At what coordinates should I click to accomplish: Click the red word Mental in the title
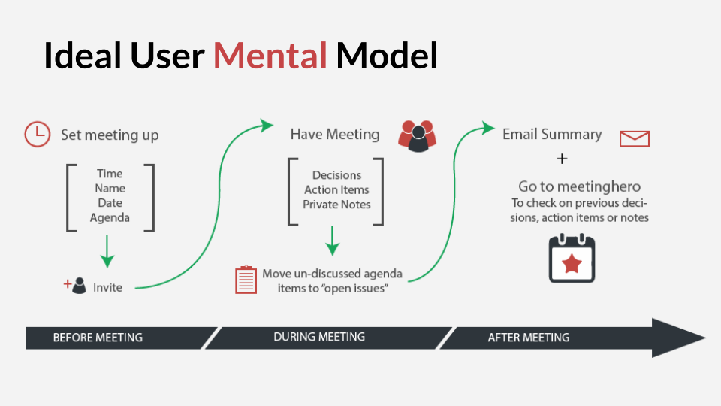click(x=270, y=56)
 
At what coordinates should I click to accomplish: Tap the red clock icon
click(x=38, y=134)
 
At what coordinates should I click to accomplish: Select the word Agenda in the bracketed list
click(x=110, y=218)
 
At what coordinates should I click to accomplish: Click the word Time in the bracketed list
click(x=110, y=174)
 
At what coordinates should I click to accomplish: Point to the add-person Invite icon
click(x=75, y=286)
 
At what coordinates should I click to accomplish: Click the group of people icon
click(x=417, y=136)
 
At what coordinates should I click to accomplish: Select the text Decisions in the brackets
click(x=336, y=175)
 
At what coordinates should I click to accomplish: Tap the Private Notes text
click(x=336, y=205)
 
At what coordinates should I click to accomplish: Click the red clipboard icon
click(x=246, y=280)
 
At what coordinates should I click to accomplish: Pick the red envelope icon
click(x=635, y=138)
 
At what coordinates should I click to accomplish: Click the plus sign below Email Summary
click(x=562, y=159)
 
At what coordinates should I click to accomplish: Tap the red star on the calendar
click(x=572, y=264)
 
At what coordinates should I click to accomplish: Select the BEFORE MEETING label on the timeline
click(x=98, y=338)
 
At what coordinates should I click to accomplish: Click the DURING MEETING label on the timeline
click(x=319, y=337)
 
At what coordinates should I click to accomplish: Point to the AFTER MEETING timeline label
click(x=528, y=338)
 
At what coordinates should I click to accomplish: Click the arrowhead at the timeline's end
click(x=678, y=338)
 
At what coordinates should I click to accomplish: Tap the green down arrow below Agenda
click(x=107, y=251)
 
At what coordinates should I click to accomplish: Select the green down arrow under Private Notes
click(x=333, y=241)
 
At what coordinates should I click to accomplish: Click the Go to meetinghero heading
click(x=579, y=186)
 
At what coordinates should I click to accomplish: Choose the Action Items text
click(x=336, y=189)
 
